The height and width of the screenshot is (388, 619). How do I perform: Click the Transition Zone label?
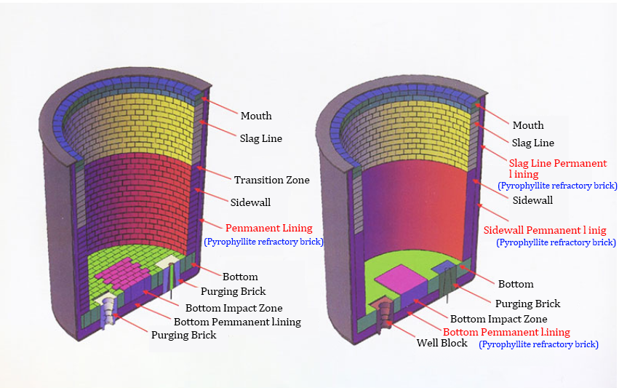271,180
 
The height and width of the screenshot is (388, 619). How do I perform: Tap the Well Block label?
442,343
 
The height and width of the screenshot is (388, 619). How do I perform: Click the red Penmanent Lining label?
268,228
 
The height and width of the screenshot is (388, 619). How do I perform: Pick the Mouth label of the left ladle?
256,116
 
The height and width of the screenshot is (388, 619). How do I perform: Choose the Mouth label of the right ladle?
528,125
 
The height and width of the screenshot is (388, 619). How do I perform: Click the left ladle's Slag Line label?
261,138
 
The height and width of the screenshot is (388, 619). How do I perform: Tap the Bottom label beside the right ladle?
516,284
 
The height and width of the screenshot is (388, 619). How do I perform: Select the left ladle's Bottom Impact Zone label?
233,309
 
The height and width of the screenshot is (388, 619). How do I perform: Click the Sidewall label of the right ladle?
532,199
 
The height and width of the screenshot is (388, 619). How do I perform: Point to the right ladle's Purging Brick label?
527,304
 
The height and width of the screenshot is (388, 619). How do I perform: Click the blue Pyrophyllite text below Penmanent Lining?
263,241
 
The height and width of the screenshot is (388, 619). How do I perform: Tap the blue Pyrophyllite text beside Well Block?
538,344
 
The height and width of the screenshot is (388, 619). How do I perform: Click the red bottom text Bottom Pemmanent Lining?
506,332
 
